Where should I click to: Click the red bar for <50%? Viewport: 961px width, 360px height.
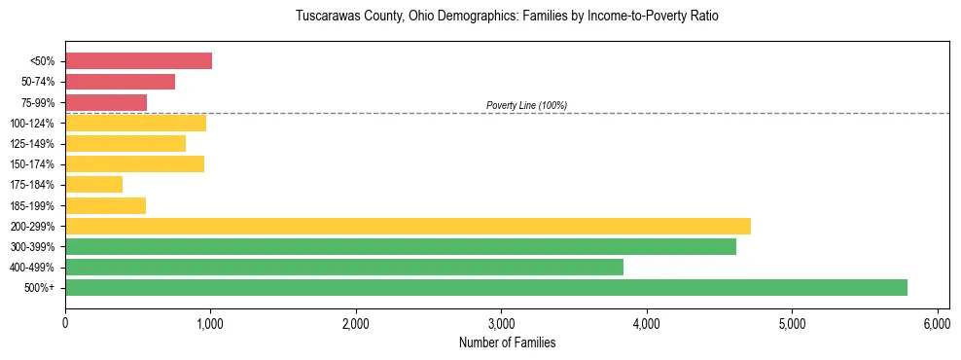pos(138,61)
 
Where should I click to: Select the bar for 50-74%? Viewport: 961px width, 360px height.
pos(120,82)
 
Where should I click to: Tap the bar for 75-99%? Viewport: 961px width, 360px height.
pos(106,102)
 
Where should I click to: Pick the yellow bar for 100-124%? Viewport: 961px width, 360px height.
pos(135,123)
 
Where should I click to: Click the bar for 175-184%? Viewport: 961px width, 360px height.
pos(93,184)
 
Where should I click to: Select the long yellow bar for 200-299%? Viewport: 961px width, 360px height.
pos(408,226)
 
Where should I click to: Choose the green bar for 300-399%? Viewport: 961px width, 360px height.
pos(401,246)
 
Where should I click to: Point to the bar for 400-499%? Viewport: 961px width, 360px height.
pos(344,267)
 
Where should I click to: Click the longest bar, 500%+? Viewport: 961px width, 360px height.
pos(486,287)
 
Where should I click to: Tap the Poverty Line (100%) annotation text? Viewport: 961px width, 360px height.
pos(526,105)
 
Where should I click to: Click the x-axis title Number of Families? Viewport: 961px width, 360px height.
pos(507,342)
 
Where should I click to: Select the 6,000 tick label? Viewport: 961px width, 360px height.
pos(937,323)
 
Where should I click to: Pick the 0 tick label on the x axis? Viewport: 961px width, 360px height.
pos(65,323)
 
